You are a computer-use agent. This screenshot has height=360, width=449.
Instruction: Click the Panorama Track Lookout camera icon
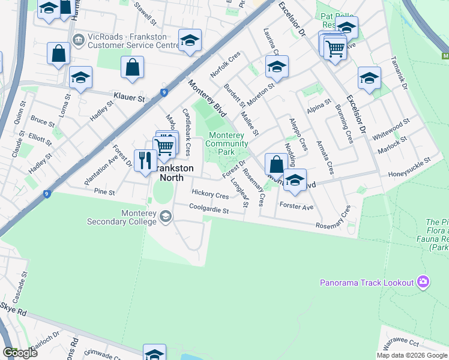pos(423,281)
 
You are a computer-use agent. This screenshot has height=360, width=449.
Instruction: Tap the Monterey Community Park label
pos(226,143)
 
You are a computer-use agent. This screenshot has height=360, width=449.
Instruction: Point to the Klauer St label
pos(130,97)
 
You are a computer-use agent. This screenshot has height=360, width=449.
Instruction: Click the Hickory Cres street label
pos(210,195)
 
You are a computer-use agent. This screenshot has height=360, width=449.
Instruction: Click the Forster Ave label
pos(297,207)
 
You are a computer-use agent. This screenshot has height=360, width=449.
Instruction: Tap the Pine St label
pos(104,192)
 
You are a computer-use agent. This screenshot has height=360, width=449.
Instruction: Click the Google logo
pos(20,353)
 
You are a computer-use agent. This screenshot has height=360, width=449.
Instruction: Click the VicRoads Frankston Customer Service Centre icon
pos(78,40)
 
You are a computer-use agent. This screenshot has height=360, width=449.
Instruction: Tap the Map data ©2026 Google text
pos(411,355)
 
